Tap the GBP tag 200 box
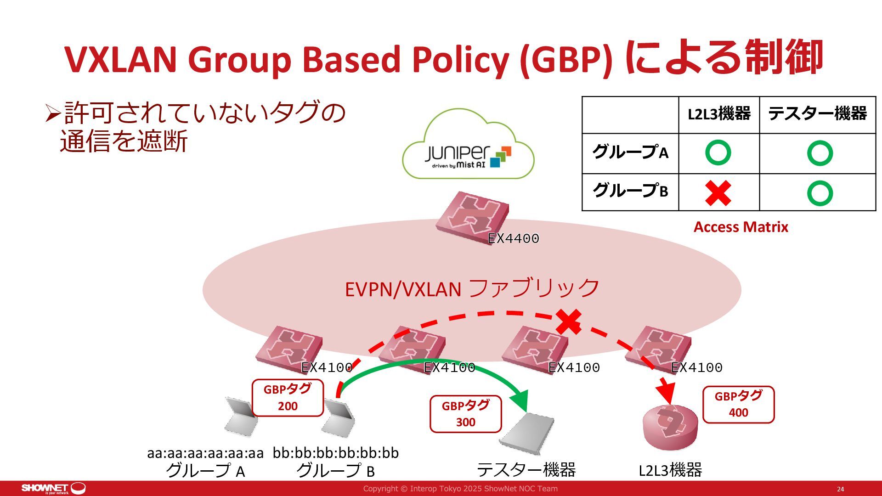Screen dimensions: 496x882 (288, 398)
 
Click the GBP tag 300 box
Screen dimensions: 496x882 (465, 414)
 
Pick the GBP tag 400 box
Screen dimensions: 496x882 (738, 404)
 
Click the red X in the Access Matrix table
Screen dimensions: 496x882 (718, 193)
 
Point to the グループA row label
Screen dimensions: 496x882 (630, 153)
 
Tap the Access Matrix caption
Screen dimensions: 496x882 (741, 227)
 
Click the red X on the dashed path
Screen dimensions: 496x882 (569, 321)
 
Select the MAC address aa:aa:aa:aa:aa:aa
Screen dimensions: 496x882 (205, 453)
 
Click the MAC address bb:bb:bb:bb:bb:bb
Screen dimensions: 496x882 (335, 453)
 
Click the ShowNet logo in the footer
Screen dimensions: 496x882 (53, 488)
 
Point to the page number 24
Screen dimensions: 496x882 (840, 489)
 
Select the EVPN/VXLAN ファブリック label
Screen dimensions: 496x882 (472, 289)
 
